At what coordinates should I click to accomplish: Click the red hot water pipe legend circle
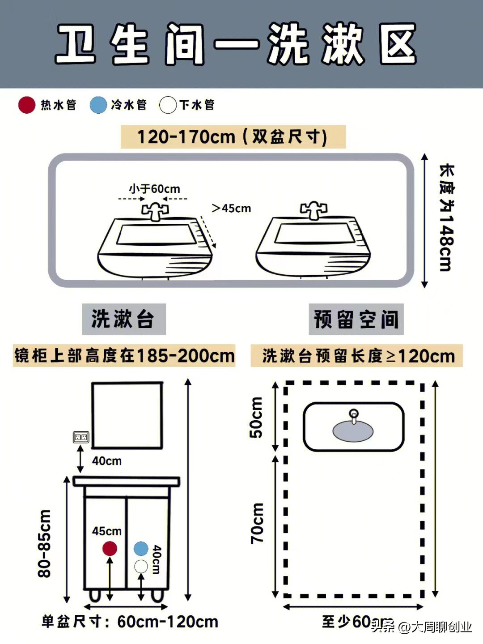pyautogui.click(x=27, y=105)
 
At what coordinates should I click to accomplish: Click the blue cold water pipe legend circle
pyautogui.click(x=98, y=105)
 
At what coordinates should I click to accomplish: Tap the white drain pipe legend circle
pyautogui.click(x=168, y=105)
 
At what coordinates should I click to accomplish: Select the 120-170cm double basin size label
pyautogui.click(x=233, y=137)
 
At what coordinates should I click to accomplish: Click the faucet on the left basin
pyautogui.click(x=155, y=211)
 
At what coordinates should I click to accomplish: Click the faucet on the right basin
pyautogui.click(x=314, y=210)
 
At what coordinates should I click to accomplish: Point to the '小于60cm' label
pyautogui.click(x=154, y=189)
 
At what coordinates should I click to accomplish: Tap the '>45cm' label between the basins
pyautogui.click(x=231, y=208)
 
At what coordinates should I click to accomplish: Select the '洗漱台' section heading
pyautogui.click(x=123, y=319)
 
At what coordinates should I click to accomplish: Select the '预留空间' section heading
pyautogui.click(x=356, y=319)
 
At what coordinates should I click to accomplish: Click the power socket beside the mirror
pyautogui.click(x=81, y=437)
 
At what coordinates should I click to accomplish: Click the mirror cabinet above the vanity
pyautogui.click(x=127, y=415)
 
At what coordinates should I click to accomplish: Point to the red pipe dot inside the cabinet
pyautogui.click(x=110, y=548)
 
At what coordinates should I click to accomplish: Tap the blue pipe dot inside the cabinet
pyautogui.click(x=141, y=548)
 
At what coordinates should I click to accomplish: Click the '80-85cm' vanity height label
pyautogui.click(x=45, y=543)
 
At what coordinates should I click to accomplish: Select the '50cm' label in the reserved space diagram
pyautogui.click(x=256, y=417)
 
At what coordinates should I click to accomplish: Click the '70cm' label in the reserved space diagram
pyautogui.click(x=257, y=523)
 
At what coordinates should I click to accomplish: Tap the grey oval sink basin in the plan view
pyautogui.click(x=353, y=431)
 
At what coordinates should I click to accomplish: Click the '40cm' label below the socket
pyautogui.click(x=107, y=461)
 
